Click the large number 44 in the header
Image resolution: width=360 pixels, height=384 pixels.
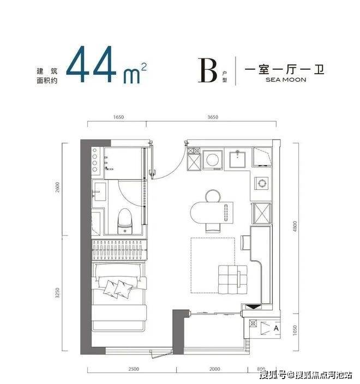tap(91, 64)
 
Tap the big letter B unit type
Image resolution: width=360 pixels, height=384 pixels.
tap(208, 70)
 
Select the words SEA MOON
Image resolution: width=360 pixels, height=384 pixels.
tap(286, 80)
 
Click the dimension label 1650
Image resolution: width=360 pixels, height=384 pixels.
tap(118, 117)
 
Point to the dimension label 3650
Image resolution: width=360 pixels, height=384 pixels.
tap(213, 117)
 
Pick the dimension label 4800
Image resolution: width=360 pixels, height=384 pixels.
tap(295, 226)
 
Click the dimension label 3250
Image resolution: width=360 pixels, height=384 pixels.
tap(57, 293)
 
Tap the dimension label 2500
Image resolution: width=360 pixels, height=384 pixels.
tap(134, 369)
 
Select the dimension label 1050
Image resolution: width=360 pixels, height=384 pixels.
tap(295, 331)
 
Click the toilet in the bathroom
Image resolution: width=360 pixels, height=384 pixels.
tap(125, 221)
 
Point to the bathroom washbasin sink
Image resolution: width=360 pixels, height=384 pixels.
tap(99, 192)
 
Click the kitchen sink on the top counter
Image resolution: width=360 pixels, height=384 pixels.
tap(237, 159)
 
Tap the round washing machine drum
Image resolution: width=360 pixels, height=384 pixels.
tap(212, 160)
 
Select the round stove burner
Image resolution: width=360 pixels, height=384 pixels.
tap(262, 183)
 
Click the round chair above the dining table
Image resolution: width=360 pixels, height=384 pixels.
tap(213, 196)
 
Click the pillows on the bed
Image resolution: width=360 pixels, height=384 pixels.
tap(118, 289)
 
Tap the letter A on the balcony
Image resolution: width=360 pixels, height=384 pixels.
tap(276, 328)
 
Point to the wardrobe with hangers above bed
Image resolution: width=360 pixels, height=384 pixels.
tap(119, 250)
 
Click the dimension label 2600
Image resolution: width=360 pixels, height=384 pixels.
tap(57, 187)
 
